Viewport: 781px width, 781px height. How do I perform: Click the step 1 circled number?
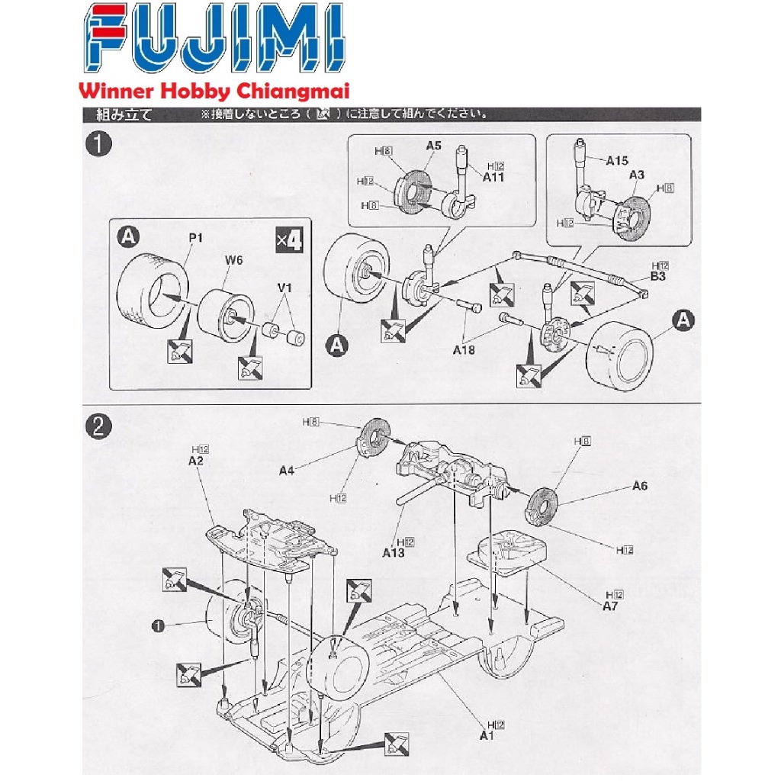click(97, 145)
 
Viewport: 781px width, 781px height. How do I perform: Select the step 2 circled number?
click(97, 426)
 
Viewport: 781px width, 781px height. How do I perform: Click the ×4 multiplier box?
click(289, 241)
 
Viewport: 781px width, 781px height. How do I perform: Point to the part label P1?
click(196, 238)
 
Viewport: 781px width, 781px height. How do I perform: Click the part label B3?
click(658, 276)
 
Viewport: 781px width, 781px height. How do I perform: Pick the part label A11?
click(494, 176)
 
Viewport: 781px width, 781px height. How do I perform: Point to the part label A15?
click(617, 160)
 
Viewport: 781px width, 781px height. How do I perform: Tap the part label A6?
click(639, 486)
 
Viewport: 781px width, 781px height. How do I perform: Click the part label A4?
click(286, 471)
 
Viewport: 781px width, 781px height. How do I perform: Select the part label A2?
click(196, 460)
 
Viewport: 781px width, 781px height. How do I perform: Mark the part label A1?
click(487, 735)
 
